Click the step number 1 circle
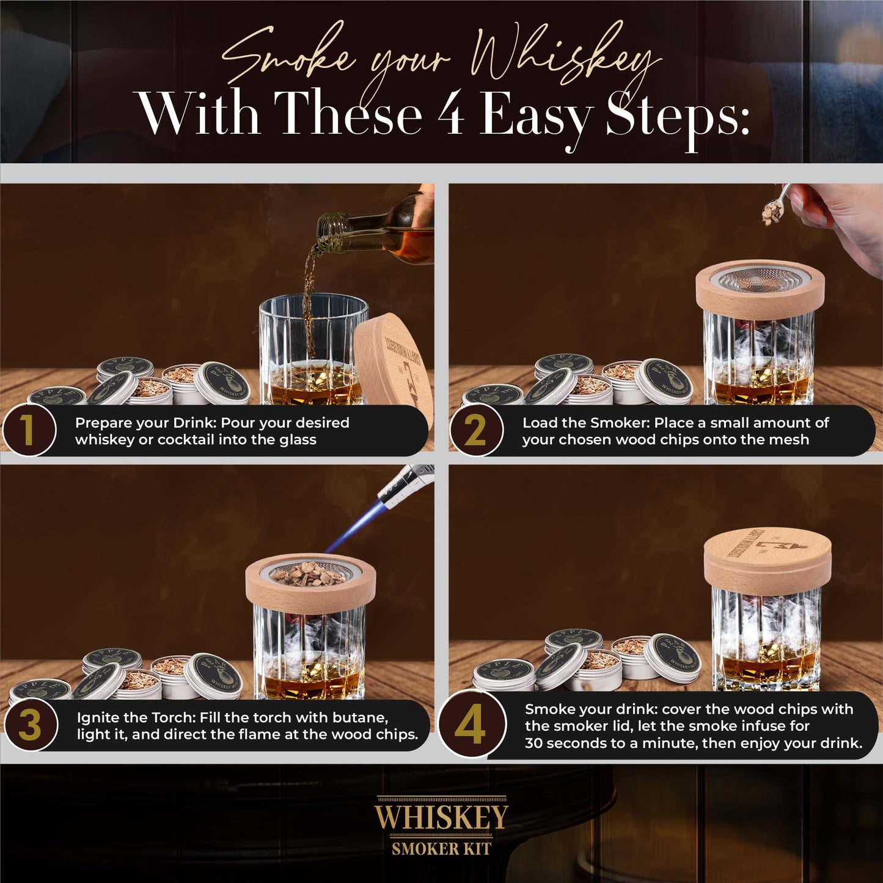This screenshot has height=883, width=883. [29, 430]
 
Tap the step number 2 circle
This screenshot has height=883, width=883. [476, 430]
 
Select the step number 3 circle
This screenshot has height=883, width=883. [30, 725]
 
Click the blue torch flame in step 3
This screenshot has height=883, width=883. [354, 526]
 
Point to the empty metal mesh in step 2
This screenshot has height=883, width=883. [760, 280]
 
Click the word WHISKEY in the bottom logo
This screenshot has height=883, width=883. [441, 817]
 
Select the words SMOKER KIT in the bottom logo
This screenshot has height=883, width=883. [441, 848]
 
